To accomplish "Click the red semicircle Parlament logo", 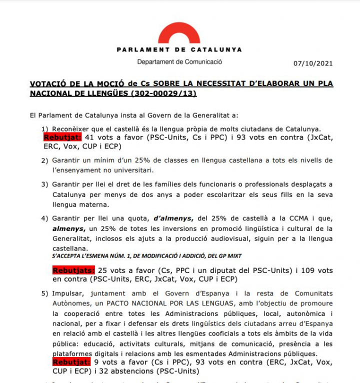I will coord(179,33).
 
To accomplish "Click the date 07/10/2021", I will coord(313,63).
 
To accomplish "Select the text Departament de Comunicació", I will coord(179,62).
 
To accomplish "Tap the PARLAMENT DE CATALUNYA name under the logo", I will coord(179,49).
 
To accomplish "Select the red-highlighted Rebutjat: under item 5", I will coord(71,362).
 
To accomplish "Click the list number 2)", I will coord(44,160).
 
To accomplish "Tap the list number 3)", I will coord(44,184).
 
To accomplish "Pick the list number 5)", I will coord(44,293).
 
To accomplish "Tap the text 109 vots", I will coord(314,270).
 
